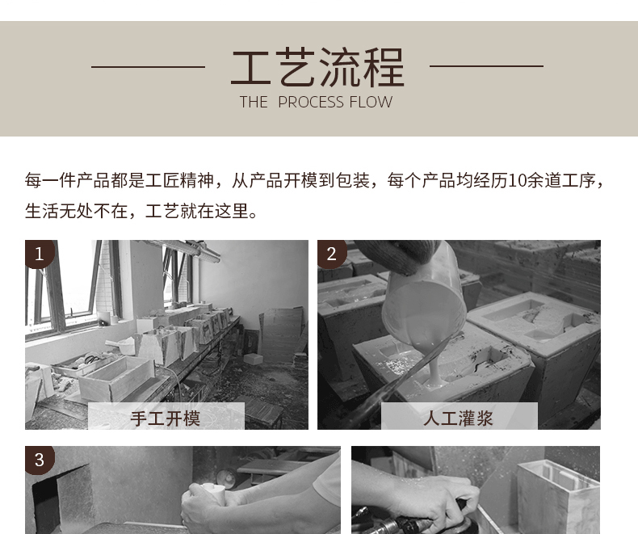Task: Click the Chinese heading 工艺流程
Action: click(x=317, y=67)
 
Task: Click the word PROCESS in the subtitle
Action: click(x=311, y=102)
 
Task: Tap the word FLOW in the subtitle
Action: click(x=371, y=102)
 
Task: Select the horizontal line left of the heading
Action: click(x=148, y=67)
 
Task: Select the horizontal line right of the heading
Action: click(x=487, y=65)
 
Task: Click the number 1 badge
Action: click(x=39, y=254)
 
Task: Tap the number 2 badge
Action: click(x=332, y=254)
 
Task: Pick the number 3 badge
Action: click(x=39, y=460)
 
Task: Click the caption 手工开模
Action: click(x=166, y=418)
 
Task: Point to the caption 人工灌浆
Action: click(x=458, y=418)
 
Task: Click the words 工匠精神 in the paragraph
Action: click(x=180, y=181)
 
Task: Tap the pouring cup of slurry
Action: click(x=424, y=301)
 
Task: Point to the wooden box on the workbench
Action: click(x=117, y=378)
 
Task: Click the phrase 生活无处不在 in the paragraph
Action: click(x=76, y=211)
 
